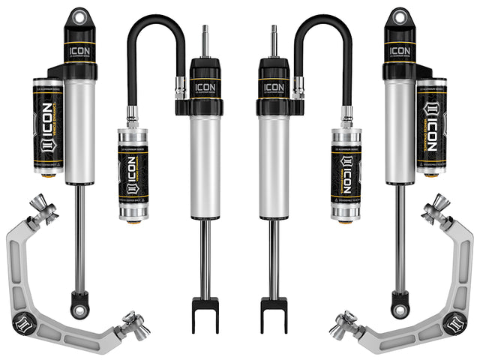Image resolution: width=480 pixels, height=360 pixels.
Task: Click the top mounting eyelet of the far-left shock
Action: click(78, 17)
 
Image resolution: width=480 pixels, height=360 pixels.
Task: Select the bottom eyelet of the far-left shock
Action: click(78, 307)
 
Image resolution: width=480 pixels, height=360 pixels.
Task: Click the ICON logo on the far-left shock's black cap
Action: click(78, 52)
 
